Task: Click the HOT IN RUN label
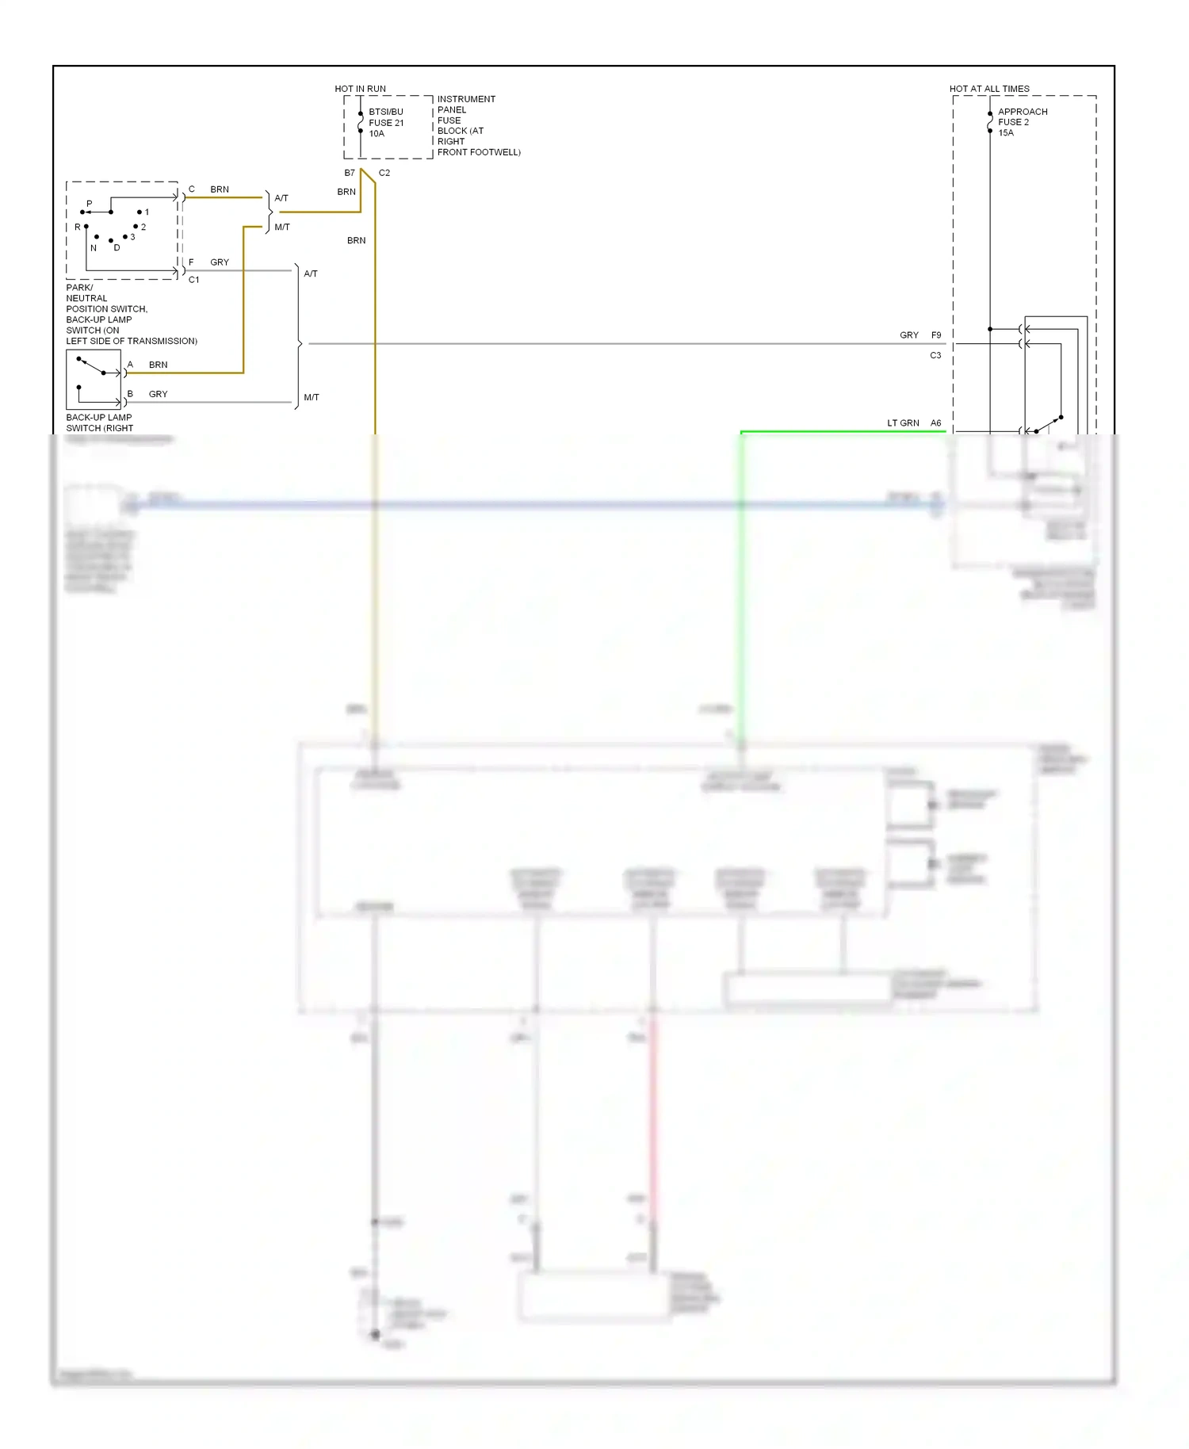coord(360,89)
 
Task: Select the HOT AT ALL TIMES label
coord(989,89)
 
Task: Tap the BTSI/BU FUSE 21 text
coord(386,117)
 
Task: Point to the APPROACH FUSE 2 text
coord(1022,117)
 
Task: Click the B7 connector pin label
coord(350,173)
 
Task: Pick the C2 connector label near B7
coord(384,173)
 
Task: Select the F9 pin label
coord(936,335)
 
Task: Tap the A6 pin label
coord(936,423)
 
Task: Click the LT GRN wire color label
coord(903,423)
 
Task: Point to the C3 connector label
coord(935,356)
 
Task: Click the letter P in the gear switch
coord(89,204)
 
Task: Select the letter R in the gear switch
coord(78,227)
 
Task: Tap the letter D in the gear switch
coord(117,248)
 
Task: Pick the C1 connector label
coord(193,280)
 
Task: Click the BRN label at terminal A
coord(158,365)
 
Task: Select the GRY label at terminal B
coord(158,394)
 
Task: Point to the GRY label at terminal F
coord(219,262)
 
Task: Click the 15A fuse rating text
coord(1006,133)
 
